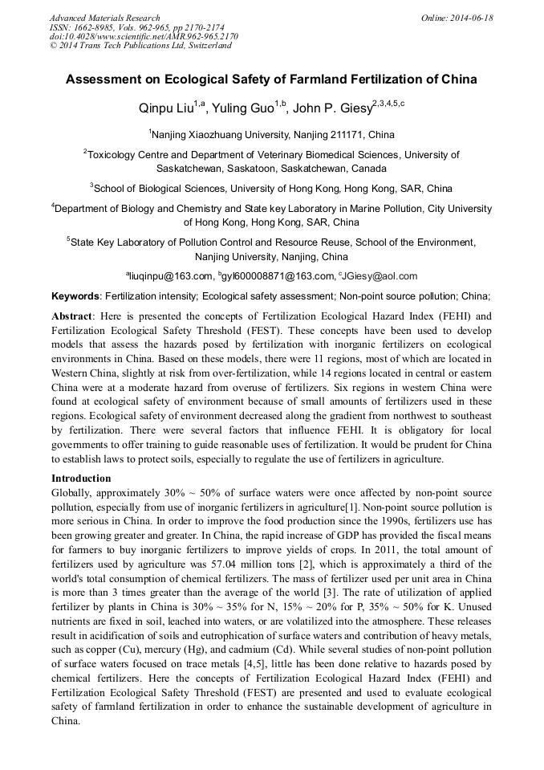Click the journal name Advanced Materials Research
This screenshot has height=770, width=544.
click(x=104, y=18)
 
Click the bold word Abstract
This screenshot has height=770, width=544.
click(x=71, y=316)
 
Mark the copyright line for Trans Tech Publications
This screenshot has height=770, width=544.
click(x=140, y=46)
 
